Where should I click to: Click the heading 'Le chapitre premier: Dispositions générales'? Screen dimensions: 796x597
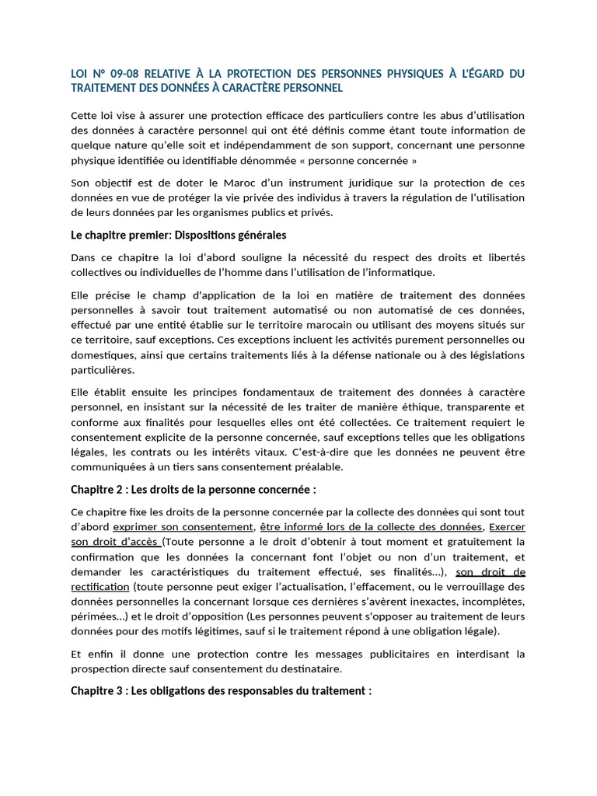[179, 235]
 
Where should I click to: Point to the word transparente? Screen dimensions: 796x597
[459, 407]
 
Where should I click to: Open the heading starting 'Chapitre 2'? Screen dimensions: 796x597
[194, 490]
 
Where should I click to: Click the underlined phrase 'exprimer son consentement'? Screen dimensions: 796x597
[183, 527]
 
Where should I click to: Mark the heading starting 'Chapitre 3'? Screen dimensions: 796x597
[222, 690]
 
